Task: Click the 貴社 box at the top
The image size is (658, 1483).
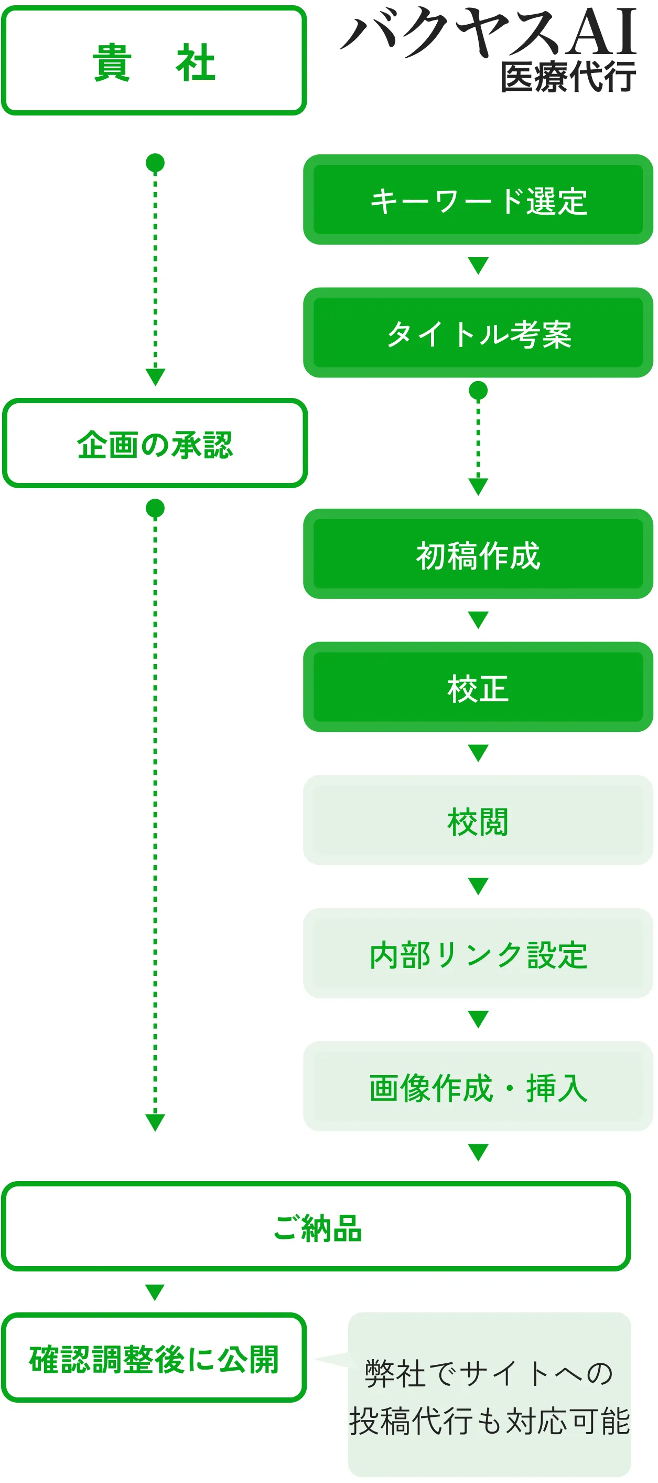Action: [x=154, y=61]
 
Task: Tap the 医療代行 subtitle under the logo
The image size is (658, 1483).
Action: [x=568, y=78]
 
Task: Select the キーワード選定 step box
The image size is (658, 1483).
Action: [x=478, y=200]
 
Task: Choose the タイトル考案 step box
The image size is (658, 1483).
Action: [x=478, y=333]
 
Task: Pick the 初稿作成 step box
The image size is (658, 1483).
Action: [x=478, y=554]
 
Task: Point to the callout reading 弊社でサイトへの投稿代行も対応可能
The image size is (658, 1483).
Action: [x=490, y=1395]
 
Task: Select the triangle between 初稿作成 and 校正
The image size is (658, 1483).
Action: [x=478, y=619]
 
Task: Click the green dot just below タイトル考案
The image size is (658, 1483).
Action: [x=478, y=391]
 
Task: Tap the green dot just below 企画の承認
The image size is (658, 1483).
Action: [x=155, y=508]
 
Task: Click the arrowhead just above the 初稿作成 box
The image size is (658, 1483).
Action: [x=478, y=486]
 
